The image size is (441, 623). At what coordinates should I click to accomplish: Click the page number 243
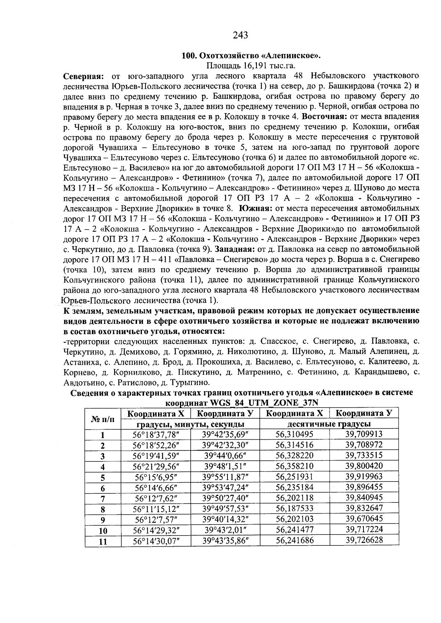[240, 35]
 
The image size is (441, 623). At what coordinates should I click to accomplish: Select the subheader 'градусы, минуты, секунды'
[191, 424]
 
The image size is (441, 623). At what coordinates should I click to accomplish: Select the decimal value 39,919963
[364, 477]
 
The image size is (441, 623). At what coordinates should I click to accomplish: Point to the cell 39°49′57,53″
[225, 509]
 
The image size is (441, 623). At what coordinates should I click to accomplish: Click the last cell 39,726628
[364, 540]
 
